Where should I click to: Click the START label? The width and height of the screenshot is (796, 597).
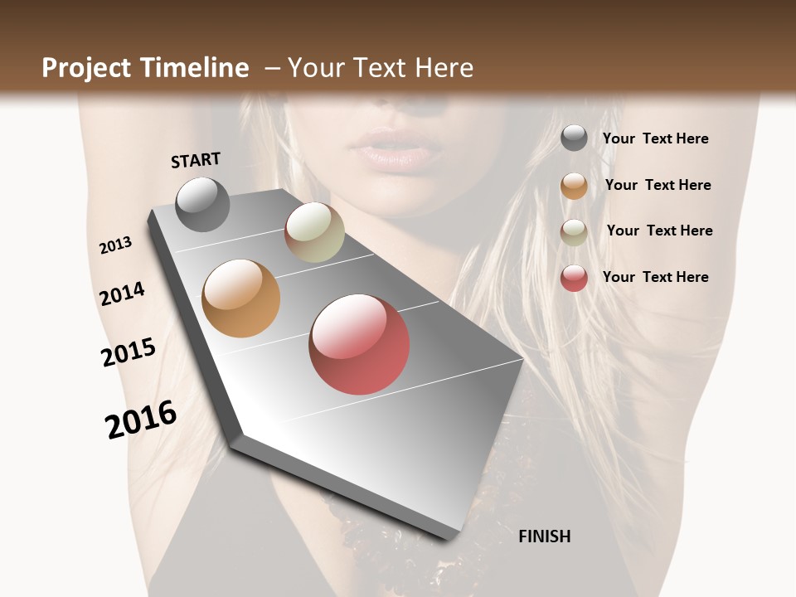196,160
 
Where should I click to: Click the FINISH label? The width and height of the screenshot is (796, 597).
545,536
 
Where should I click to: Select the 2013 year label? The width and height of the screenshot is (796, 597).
115,245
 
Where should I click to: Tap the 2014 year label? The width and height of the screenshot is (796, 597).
122,294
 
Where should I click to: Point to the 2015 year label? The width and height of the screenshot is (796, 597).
129,352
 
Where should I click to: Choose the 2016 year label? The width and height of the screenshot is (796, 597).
141,420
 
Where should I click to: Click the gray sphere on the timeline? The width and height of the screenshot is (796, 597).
202,204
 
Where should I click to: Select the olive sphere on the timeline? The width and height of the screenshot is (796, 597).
314,232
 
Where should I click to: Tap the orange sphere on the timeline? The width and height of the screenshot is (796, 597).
240,298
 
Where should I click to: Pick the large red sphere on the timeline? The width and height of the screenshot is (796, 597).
359,344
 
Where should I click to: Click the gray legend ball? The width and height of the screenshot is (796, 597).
574,138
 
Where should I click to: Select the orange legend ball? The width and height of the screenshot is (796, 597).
574,186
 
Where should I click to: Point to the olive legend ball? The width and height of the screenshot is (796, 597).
574,232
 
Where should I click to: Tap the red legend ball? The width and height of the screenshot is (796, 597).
574,278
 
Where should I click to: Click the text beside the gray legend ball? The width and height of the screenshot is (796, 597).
655,138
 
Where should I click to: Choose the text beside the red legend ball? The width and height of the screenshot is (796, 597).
655,277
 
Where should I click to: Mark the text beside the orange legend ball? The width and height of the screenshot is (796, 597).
658,185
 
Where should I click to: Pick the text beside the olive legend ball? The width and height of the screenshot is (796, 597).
659,231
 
